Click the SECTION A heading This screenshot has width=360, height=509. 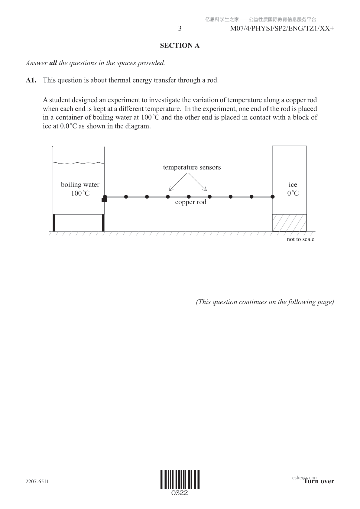click(180, 46)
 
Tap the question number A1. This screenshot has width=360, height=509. click(31, 80)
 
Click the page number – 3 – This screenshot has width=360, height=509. click(180, 29)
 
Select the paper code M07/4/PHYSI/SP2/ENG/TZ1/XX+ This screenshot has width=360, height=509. click(282, 29)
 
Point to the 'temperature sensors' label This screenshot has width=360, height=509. click(192, 167)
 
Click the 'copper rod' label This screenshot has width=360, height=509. click(190, 202)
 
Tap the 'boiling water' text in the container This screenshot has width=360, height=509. click(80, 185)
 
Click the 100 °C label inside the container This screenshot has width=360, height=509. click(80, 193)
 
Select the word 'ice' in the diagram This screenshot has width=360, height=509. click(293, 185)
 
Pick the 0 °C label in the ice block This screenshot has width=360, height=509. click(293, 193)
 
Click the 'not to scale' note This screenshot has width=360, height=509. click(300, 239)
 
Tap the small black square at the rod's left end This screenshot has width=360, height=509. click(104, 200)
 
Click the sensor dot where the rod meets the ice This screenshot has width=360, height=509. click(272, 197)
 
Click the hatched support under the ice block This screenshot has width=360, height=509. click(289, 223)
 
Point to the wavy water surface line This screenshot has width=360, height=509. click(79, 163)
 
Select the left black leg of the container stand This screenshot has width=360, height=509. click(54, 223)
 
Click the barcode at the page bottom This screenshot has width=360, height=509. click(180, 479)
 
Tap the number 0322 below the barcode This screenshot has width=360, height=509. click(180, 493)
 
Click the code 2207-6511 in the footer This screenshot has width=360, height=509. click(37, 481)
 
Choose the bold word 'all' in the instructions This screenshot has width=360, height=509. click(53, 63)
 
